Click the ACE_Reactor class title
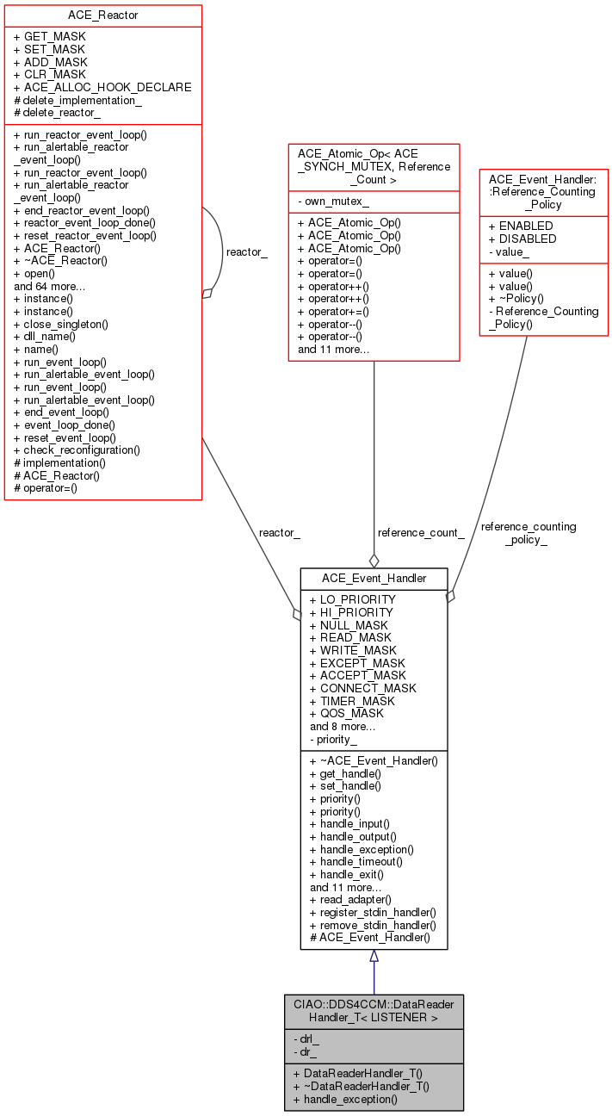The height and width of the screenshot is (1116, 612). click(103, 15)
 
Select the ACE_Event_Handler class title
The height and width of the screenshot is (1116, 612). click(374, 579)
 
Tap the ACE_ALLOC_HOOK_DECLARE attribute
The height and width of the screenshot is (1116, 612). click(102, 87)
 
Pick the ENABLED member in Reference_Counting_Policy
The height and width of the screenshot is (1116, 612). click(521, 226)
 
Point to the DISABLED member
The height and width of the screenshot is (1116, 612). click(522, 239)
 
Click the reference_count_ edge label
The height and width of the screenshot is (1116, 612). click(421, 533)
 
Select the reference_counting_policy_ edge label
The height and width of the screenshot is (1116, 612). click(529, 533)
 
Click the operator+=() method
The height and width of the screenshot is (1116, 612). click(333, 312)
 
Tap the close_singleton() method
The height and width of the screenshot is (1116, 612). click(61, 325)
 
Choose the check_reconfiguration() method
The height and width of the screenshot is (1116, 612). click(77, 450)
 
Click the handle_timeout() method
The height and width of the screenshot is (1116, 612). click(356, 861)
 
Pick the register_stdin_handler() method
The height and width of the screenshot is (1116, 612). click(373, 912)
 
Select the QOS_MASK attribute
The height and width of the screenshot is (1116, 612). click(347, 714)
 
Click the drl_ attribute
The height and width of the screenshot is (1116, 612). click(306, 1038)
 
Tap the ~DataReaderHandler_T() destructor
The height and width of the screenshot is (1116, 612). click(361, 1086)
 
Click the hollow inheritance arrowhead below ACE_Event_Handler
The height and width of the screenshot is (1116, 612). click(374, 956)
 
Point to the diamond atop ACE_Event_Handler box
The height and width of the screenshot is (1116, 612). click(374, 561)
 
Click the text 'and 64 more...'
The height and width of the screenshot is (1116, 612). click(49, 287)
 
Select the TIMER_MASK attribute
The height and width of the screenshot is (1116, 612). click(352, 701)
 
